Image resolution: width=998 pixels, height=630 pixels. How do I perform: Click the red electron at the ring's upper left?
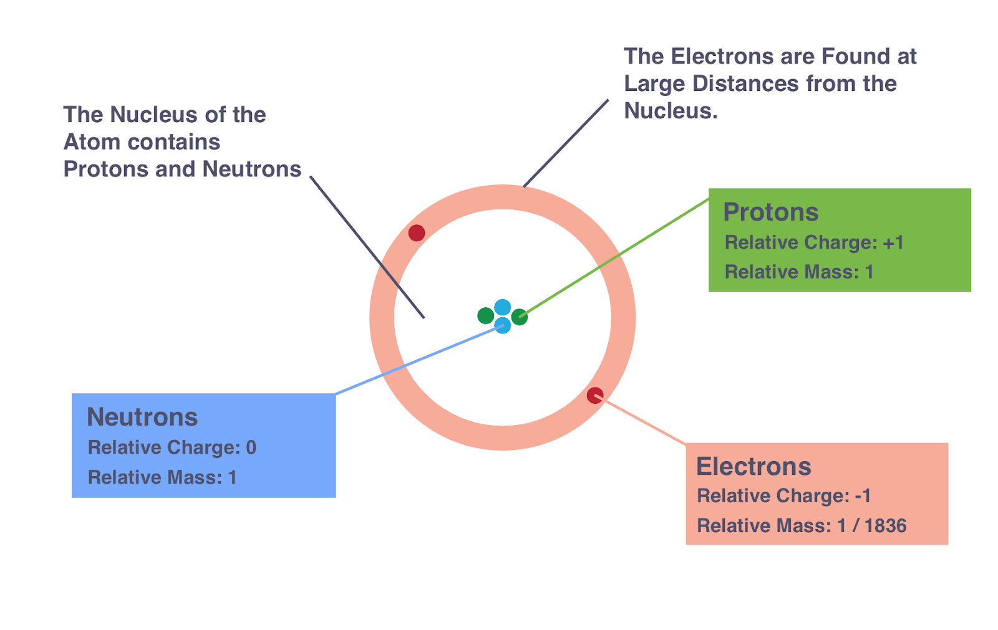pos(417,233)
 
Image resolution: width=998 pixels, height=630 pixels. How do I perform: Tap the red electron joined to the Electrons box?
pos(595,395)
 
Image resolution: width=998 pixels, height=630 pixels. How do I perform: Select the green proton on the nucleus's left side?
pos(485,316)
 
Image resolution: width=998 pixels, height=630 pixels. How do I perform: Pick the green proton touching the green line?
pos(520,317)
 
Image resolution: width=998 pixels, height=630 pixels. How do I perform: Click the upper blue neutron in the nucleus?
pos(503,308)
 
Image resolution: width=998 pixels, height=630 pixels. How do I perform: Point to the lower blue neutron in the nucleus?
pos(503,325)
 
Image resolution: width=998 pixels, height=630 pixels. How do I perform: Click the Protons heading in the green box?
pos(770,212)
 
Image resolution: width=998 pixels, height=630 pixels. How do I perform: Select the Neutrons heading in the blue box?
pos(142,417)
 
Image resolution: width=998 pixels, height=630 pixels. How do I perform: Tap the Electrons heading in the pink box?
pos(753,467)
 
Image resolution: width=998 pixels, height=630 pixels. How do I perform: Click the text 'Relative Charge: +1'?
pos(814,242)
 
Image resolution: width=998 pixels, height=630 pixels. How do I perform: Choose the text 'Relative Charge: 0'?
pos(172,447)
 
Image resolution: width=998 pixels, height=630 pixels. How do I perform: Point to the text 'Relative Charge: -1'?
pos(783,496)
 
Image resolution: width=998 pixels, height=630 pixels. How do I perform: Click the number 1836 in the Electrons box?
pos(885,526)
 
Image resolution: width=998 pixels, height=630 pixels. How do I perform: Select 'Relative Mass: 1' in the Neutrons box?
pos(162,477)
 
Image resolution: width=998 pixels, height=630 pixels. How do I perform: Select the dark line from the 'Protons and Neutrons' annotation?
pos(368,247)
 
